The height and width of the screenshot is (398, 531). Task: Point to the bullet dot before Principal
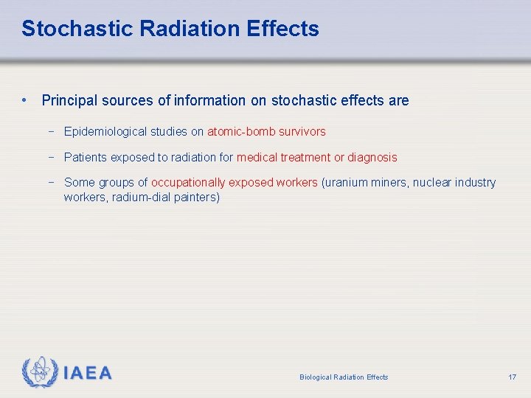25,100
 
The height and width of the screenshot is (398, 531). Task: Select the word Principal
71,100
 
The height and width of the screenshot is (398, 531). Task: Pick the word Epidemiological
105,132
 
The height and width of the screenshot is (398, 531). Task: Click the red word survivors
300,132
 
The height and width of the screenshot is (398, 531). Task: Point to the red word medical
257,157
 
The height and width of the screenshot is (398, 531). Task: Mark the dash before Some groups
52,182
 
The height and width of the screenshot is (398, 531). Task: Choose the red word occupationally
188,182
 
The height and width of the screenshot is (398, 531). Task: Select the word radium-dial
142,198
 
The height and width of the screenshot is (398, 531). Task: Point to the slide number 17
512,377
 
